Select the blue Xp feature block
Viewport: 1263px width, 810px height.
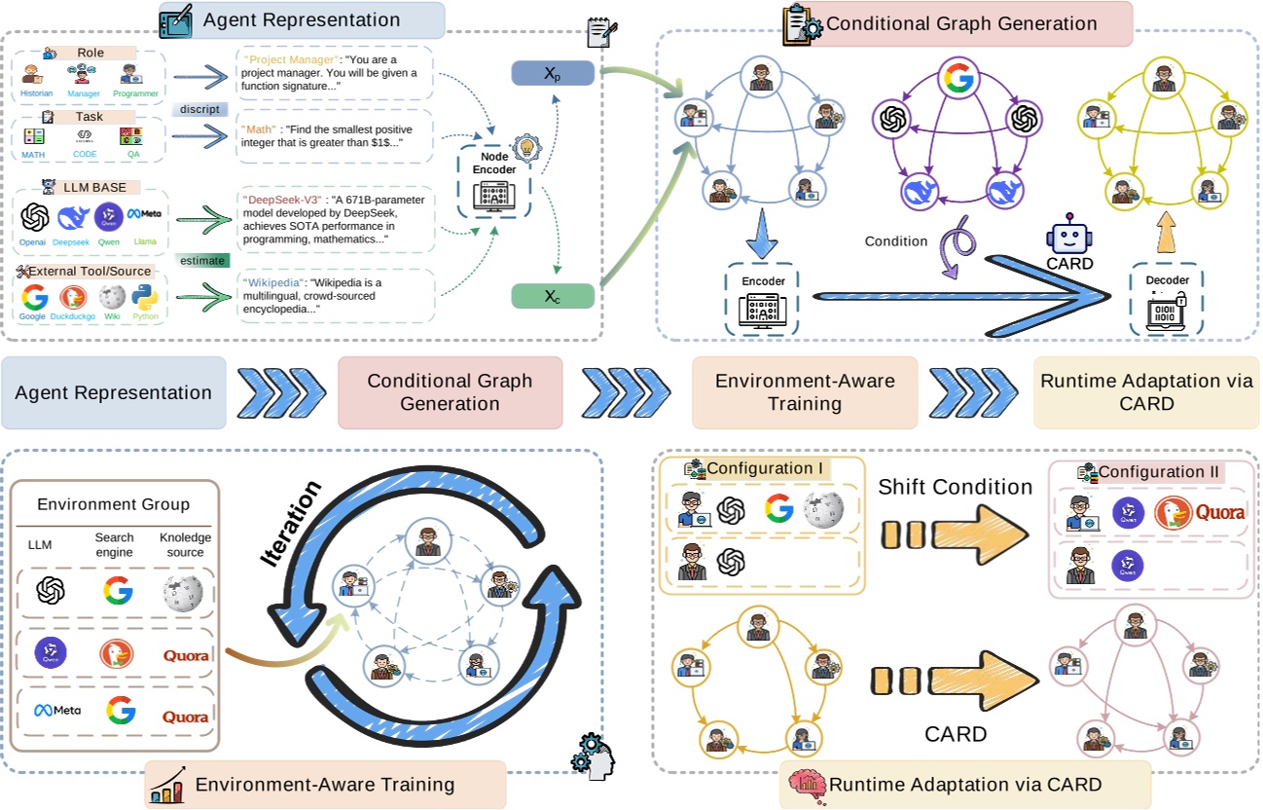point(552,75)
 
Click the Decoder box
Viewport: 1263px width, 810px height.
point(1166,298)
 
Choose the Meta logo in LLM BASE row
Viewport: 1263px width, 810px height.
point(144,214)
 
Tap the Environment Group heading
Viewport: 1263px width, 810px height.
point(113,504)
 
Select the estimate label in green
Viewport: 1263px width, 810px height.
point(202,261)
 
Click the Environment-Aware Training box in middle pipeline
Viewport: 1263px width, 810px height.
point(804,392)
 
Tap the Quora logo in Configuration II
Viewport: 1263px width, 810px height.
point(1219,512)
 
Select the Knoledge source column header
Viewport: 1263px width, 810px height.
point(185,544)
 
